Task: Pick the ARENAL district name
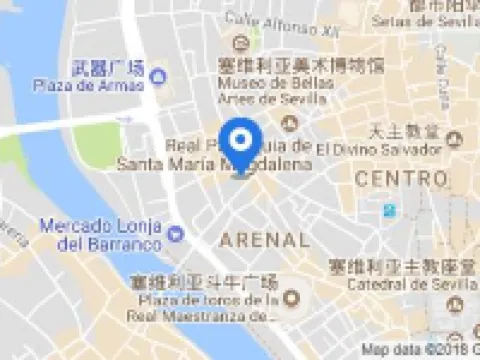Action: [264, 240]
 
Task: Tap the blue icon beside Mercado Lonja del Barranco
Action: [177, 234]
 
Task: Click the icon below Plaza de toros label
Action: [291, 297]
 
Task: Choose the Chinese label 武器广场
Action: [109, 68]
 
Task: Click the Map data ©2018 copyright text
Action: [420, 351]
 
